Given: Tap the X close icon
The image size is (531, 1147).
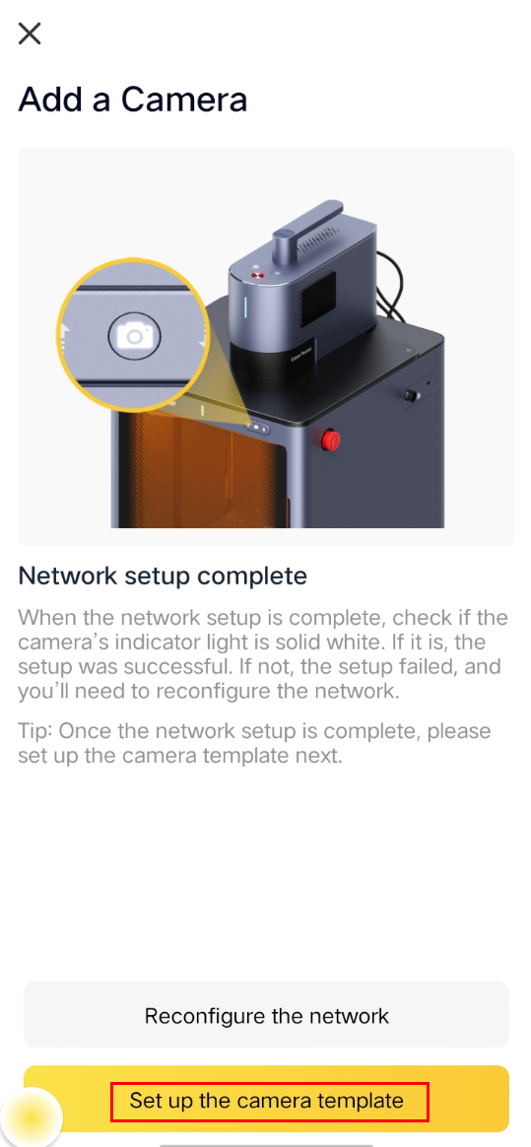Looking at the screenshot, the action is pyautogui.click(x=30, y=34).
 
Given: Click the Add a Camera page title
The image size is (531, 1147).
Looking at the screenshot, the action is pyautogui.click(x=132, y=99).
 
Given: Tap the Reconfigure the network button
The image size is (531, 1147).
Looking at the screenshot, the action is pyautogui.click(x=266, y=1015).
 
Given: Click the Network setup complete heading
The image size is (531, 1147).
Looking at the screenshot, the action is pyautogui.click(x=163, y=575).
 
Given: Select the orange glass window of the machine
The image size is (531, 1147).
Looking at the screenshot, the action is pyautogui.click(x=197, y=468).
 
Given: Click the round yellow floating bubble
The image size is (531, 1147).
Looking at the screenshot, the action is pyautogui.click(x=31, y=1118).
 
